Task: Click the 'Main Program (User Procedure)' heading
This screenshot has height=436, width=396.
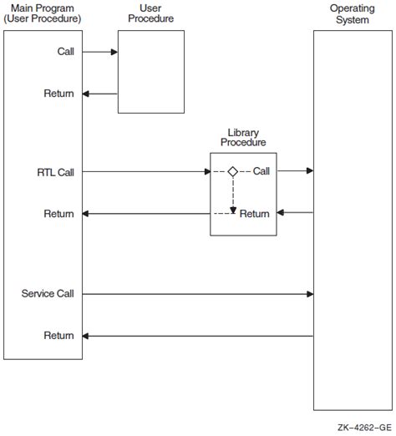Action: pos(43,13)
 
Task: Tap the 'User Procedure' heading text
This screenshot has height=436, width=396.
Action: pos(150,13)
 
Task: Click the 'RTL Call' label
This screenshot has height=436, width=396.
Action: pos(56,172)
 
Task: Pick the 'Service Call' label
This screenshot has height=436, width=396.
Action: pos(48,293)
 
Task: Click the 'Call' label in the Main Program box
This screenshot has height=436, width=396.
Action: pos(65,52)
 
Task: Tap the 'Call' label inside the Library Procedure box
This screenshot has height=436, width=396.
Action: pos(261,171)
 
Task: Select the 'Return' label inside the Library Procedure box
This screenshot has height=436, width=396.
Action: pos(255,214)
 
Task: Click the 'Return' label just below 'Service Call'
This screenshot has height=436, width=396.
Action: pos(58,336)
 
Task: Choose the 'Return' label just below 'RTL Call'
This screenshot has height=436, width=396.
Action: pos(58,215)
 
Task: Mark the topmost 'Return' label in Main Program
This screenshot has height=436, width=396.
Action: pos(58,94)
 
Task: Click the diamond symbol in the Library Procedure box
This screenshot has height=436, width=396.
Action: pos(233,171)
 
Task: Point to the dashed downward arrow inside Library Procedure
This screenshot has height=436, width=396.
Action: pos(233,194)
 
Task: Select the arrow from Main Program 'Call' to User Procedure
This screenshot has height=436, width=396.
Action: pos(101,52)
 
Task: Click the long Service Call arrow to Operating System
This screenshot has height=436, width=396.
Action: pos(199,294)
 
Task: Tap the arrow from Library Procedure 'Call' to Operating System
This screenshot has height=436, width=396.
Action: pos(296,171)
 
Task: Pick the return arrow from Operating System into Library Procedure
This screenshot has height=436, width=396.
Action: pos(296,213)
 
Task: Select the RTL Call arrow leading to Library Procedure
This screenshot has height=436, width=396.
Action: pos(146,172)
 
